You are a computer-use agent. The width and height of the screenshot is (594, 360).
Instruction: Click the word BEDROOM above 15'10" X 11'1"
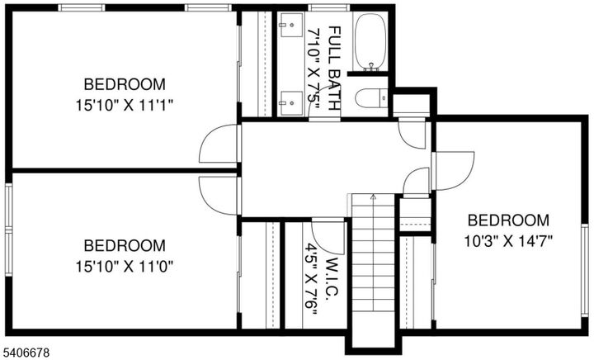pyautogui.click(x=125, y=84)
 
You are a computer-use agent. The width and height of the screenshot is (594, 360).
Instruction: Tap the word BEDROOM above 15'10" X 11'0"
pyautogui.click(x=125, y=245)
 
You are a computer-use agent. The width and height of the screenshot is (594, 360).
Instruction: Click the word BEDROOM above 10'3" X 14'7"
pyautogui.click(x=508, y=220)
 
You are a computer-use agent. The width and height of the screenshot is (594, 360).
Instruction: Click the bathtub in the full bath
pyautogui.click(x=369, y=41)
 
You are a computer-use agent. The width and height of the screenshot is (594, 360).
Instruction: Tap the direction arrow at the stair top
pyautogui.click(x=374, y=197)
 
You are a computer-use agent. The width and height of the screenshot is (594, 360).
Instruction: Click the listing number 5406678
pyautogui.click(x=27, y=353)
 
